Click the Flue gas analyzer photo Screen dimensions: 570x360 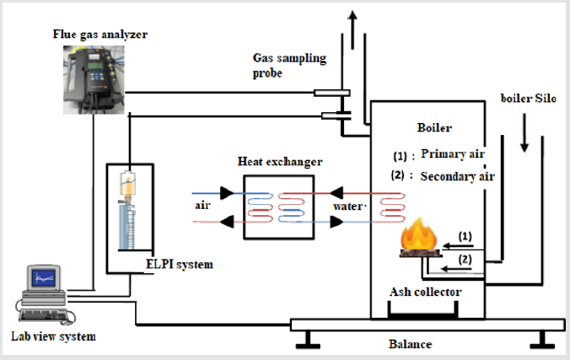[94, 79]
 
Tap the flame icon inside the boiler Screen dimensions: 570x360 [419, 233]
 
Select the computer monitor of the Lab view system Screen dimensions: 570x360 [44, 278]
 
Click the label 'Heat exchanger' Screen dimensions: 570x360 [280, 162]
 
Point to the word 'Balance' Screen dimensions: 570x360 [410, 344]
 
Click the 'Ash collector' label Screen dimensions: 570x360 [425, 292]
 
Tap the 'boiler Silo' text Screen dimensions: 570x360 [528, 98]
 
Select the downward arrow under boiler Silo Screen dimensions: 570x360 [524, 132]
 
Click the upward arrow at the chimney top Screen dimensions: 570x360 [352, 30]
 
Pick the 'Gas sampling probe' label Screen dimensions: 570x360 [289, 66]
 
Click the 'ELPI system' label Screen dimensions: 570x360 [180, 265]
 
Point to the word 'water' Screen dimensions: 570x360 [347, 207]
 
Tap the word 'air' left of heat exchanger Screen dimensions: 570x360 [202, 206]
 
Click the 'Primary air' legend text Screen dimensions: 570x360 [453, 153]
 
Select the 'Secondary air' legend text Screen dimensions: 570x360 [457, 176]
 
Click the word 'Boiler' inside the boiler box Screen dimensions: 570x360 [434, 127]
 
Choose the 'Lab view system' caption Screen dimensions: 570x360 [53, 336]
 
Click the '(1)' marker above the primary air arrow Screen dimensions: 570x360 [465, 236]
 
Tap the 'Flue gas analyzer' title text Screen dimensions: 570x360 [100, 35]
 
